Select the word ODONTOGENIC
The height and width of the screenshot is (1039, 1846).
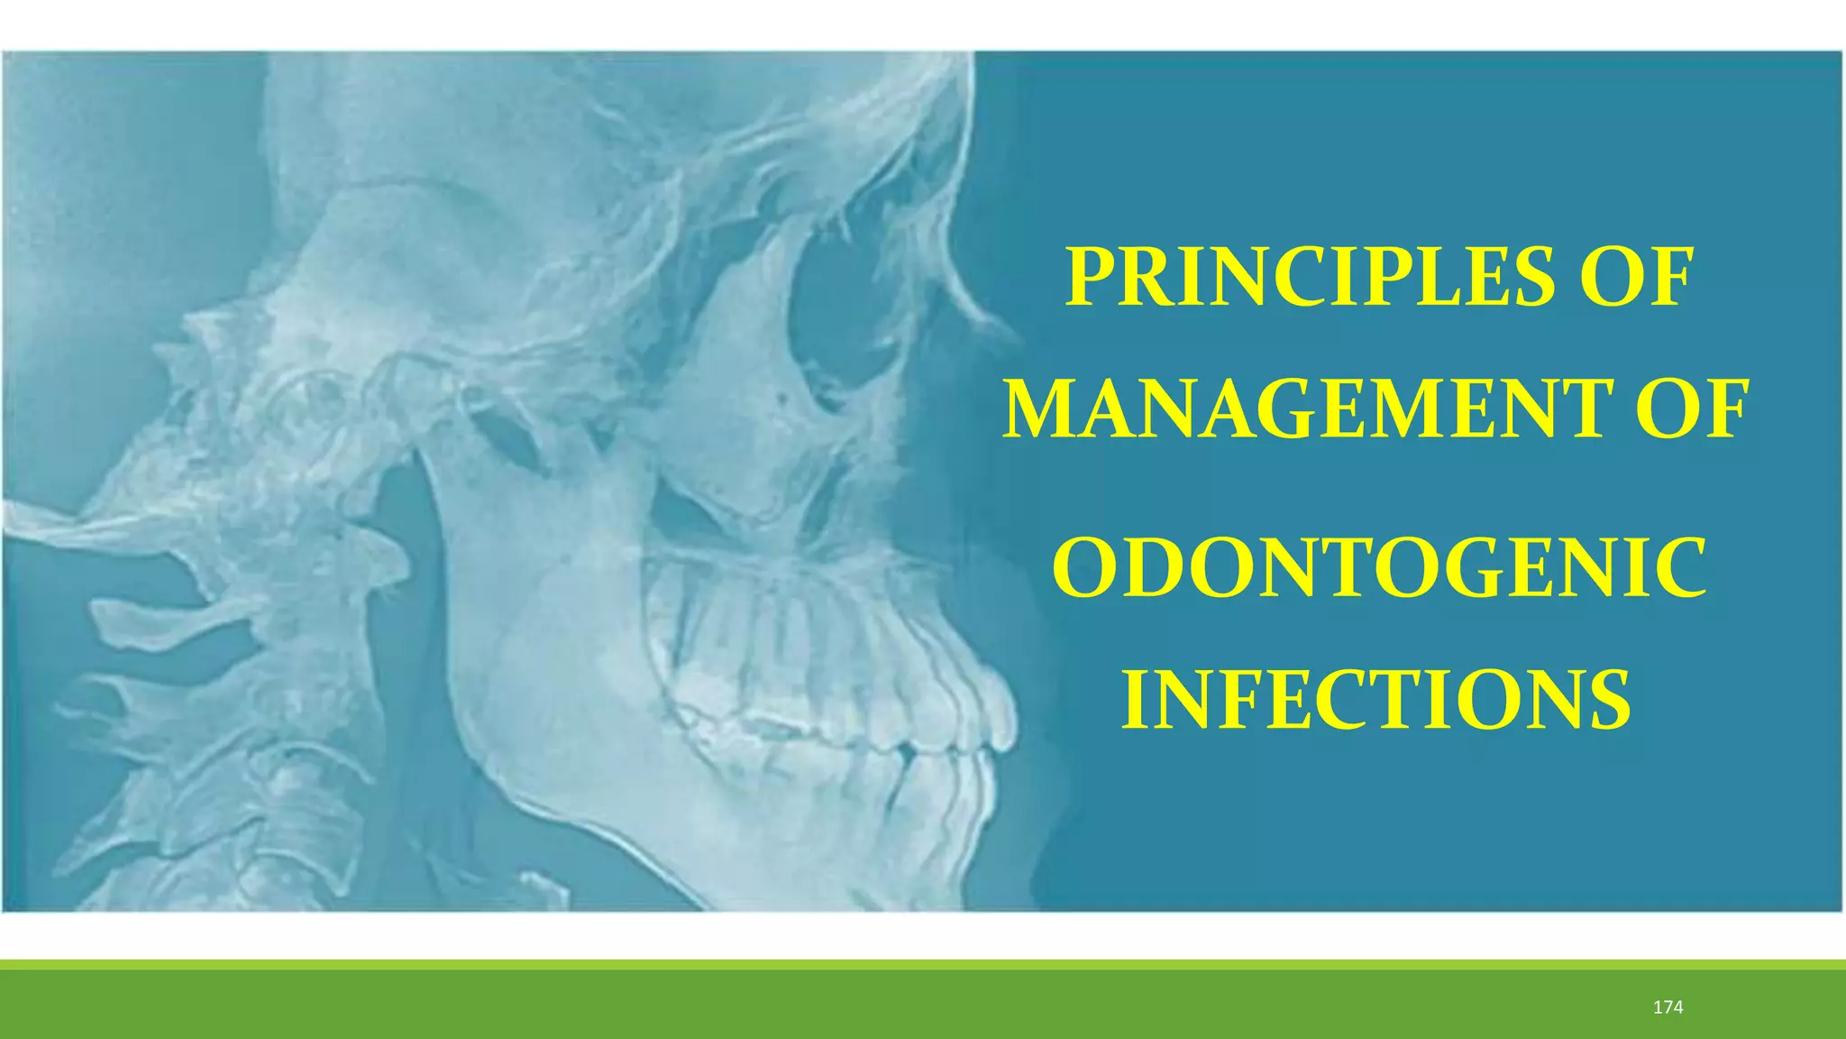pos(1379,569)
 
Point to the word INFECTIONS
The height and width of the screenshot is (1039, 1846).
pos(1376,701)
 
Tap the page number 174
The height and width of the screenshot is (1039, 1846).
pos(1668,1007)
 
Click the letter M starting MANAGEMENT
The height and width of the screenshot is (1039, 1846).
pos(1037,411)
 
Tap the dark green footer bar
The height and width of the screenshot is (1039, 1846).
pos(901,1006)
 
